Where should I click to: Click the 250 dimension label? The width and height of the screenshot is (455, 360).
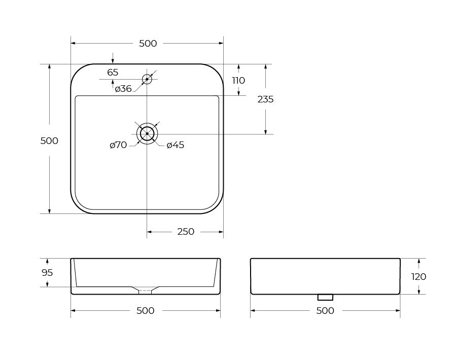186,232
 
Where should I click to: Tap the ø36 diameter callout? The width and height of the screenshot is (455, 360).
123,88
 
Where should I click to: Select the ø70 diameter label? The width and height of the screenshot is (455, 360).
118,145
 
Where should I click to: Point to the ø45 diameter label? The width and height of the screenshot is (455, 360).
176,145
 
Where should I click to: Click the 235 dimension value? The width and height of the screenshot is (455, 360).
265,99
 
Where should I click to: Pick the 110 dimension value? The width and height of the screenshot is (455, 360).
238,80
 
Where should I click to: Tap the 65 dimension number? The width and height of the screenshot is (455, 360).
113,72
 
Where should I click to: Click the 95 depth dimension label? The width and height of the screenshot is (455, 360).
47,273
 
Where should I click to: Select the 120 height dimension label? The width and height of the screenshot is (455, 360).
418,277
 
